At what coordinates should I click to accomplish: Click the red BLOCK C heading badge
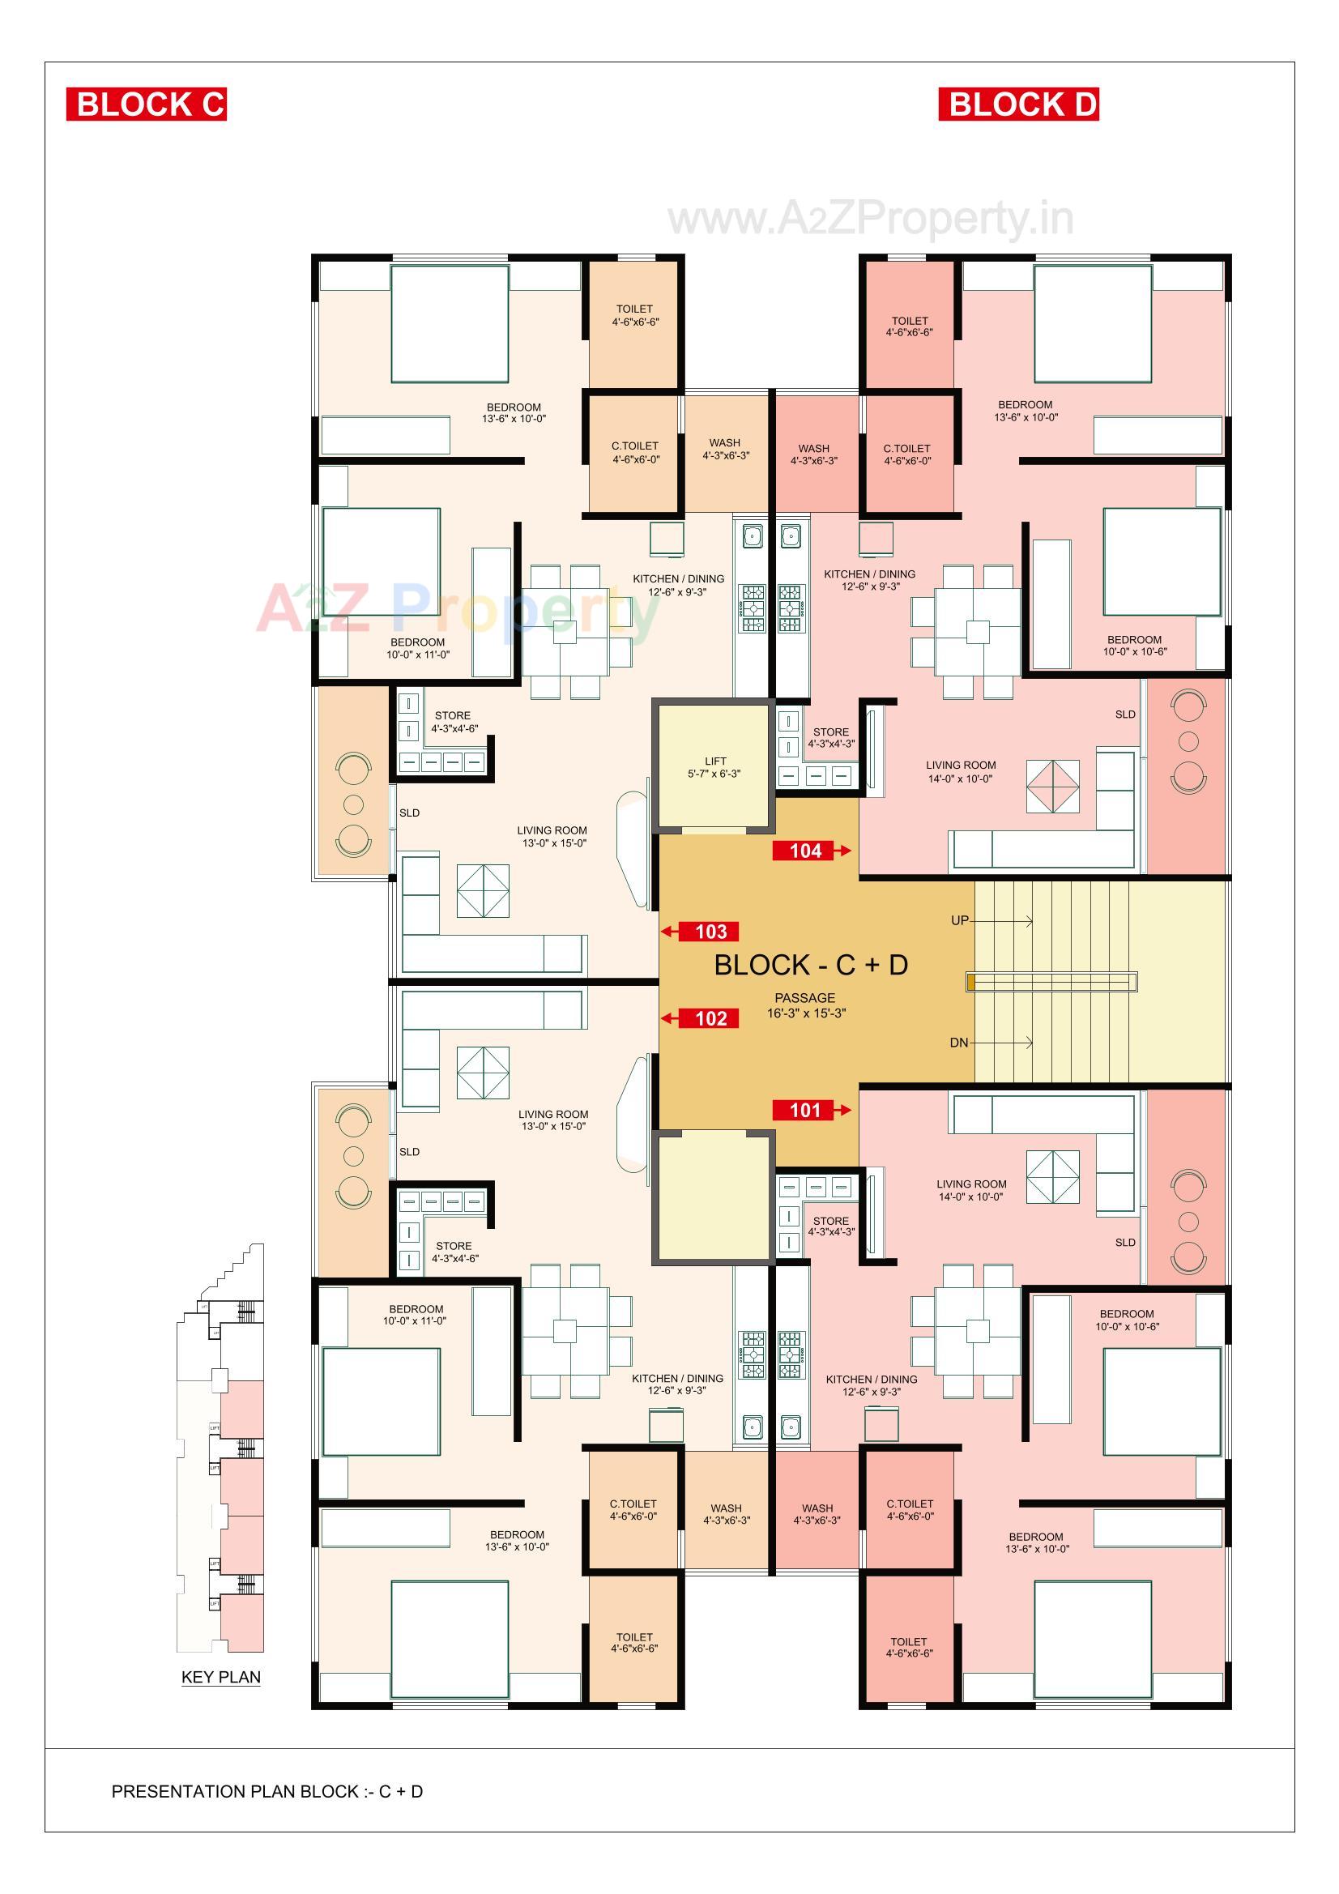pyautogui.click(x=146, y=105)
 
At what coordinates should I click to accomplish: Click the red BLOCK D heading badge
pyautogui.click(x=1018, y=105)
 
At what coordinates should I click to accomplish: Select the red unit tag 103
pyautogui.click(x=710, y=932)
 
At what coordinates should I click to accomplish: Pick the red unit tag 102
pyautogui.click(x=710, y=1018)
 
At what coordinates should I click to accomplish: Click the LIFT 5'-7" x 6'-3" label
pyautogui.click(x=714, y=767)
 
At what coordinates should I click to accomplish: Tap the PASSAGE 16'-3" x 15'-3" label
pyautogui.click(x=805, y=1005)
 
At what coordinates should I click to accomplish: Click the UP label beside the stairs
pyautogui.click(x=959, y=920)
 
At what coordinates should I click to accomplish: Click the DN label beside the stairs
pyautogui.click(x=958, y=1043)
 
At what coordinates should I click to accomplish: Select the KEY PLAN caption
pyautogui.click(x=220, y=1677)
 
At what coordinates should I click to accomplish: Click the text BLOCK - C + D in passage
pyautogui.click(x=810, y=964)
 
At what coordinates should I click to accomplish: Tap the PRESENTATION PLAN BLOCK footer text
pyautogui.click(x=267, y=1792)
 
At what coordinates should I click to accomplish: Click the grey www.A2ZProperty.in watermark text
pyautogui.click(x=871, y=219)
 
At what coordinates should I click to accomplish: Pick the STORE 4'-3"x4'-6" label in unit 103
pyautogui.click(x=454, y=722)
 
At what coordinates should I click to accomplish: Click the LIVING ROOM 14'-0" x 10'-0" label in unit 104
pyautogui.click(x=961, y=771)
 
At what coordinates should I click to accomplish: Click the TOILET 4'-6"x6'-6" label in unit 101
pyautogui.click(x=908, y=1648)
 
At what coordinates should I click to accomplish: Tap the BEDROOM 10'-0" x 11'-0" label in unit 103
pyautogui.click(x=417, y=647)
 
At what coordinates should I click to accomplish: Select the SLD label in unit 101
pyautogui.click(x=1124, y=1243)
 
